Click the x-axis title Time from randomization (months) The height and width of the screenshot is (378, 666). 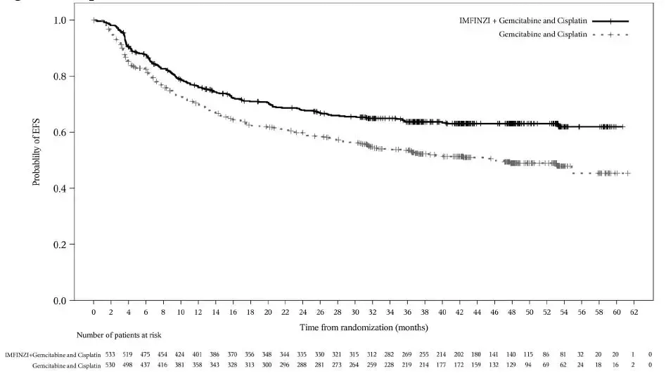(364, 327)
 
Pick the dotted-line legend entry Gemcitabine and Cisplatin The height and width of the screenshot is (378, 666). (543, 34)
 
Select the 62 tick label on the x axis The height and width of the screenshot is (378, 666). (633, 311)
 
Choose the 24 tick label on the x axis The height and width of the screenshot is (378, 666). (302, 311)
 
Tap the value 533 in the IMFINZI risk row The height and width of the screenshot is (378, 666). (110, 355)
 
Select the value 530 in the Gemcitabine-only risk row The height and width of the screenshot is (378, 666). (110, 366)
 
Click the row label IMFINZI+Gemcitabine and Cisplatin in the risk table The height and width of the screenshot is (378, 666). (53, 355)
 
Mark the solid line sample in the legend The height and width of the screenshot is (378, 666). (610, 22)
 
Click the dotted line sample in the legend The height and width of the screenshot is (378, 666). (610, 34)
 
